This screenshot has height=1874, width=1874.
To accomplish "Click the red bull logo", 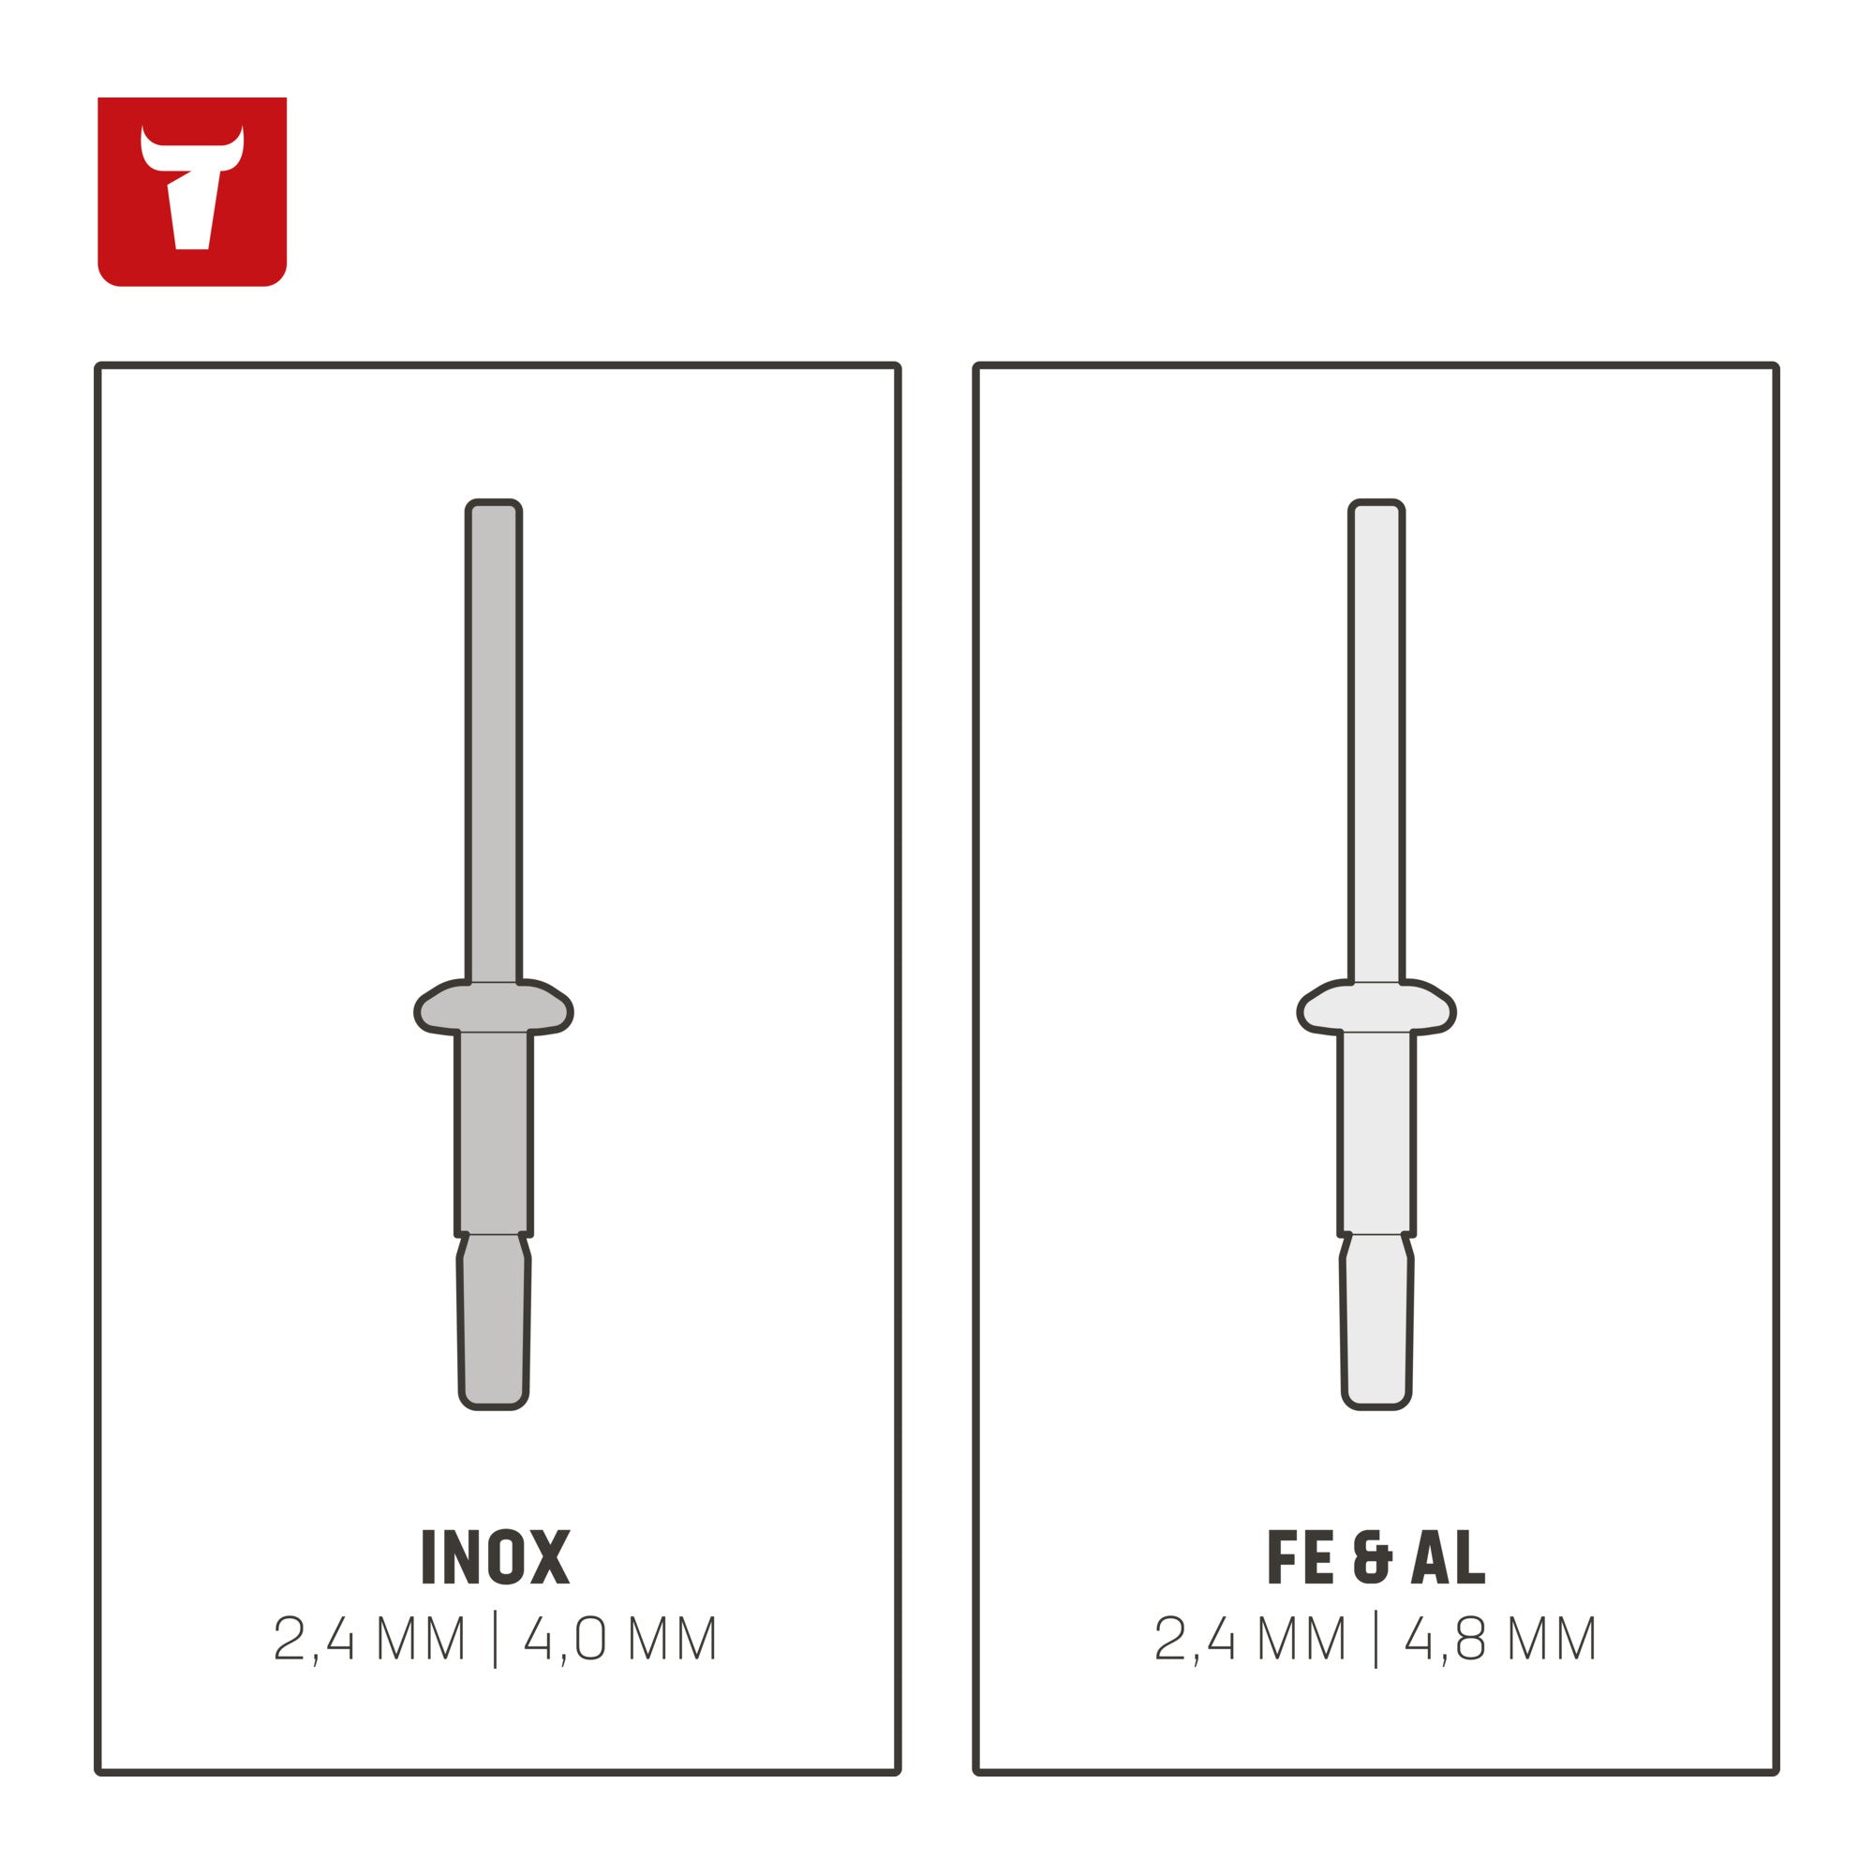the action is click(192, 191).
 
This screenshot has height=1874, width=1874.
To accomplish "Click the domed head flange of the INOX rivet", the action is click(494, 1008).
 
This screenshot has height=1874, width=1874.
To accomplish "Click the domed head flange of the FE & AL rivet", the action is click(1376, 1008).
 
